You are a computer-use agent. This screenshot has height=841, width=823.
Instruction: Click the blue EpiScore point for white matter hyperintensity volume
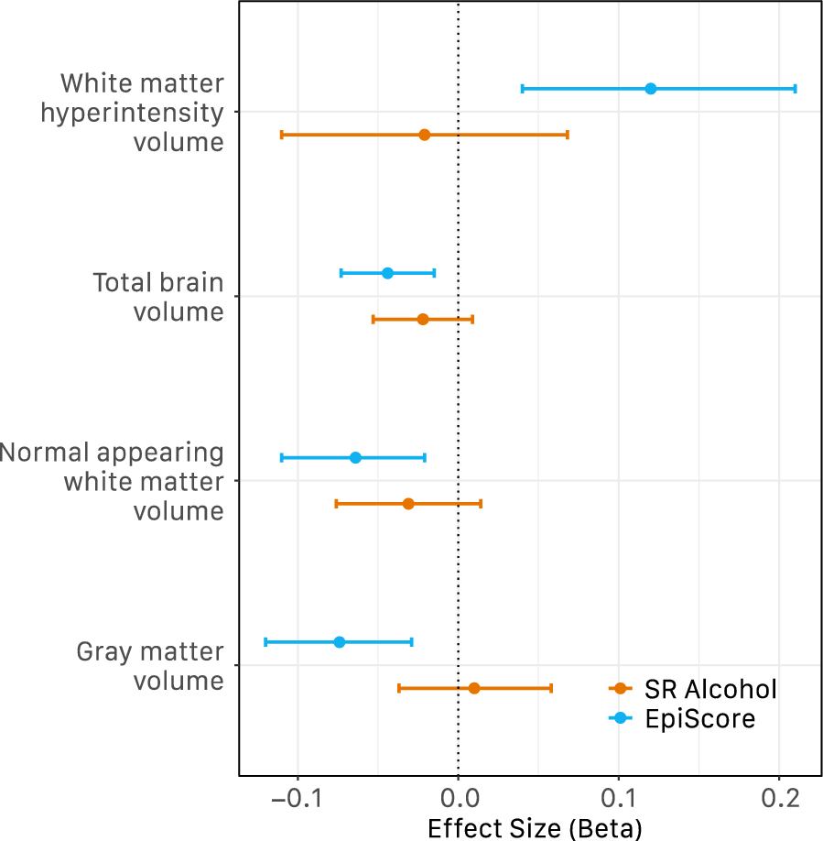coord(651,89)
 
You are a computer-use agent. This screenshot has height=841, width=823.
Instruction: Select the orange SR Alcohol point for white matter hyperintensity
coord(424,135)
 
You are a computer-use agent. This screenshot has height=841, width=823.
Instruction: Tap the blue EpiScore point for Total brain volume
coord(387,273)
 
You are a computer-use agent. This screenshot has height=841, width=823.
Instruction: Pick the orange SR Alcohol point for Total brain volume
coord(423,320)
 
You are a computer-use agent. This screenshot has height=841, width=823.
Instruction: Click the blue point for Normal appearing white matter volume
coord(355,457)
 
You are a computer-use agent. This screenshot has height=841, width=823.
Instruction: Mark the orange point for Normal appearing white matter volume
coord(408,504)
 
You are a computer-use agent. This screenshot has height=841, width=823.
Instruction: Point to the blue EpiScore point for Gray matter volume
coord(340,642)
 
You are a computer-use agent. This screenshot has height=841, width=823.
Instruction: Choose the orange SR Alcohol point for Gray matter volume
coord(473,688)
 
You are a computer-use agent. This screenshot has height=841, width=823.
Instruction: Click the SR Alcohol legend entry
coord(693,689)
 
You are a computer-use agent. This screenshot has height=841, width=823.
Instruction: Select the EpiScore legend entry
coord(682,719)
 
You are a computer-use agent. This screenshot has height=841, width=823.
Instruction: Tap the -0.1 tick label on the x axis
coord(296,798)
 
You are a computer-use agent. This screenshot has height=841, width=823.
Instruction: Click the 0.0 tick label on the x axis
coord(458,798)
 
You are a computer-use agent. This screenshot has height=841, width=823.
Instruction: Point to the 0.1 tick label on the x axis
coord(619,798)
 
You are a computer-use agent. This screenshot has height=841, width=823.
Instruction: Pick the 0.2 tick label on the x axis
coord(779,798)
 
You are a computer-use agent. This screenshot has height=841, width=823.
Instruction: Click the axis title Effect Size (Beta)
coord(535,828)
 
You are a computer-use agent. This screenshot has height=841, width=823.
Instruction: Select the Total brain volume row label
coord(158,297)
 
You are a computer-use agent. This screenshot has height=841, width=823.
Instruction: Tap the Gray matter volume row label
coord(150,666)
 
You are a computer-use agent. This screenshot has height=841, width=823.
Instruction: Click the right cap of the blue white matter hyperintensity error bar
coord(795,89)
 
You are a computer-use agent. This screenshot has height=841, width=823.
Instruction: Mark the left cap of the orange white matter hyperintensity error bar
coord(282,135)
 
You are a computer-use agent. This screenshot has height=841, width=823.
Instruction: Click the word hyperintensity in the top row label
coord(143,114)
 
